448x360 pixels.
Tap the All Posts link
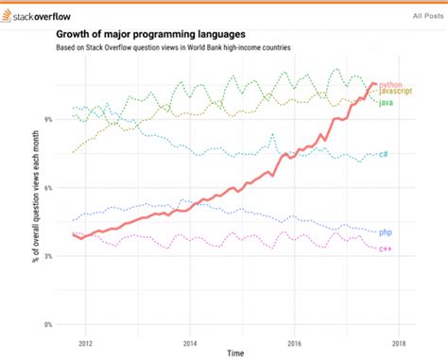(x=428, y=17)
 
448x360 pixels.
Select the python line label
(x=389, y=85)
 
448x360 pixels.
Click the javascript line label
(x=393, y=93)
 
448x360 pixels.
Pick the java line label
(x=386, y=101)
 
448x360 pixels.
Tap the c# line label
(x=384, y=154)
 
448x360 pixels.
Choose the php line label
(x=385, y=231)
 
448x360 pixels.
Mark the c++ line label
(x=385, y=249)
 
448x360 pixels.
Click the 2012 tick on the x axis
(x=86, y=344)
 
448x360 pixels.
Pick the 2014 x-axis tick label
(x=190, y=344)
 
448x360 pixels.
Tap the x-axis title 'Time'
(x=234, y=353)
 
